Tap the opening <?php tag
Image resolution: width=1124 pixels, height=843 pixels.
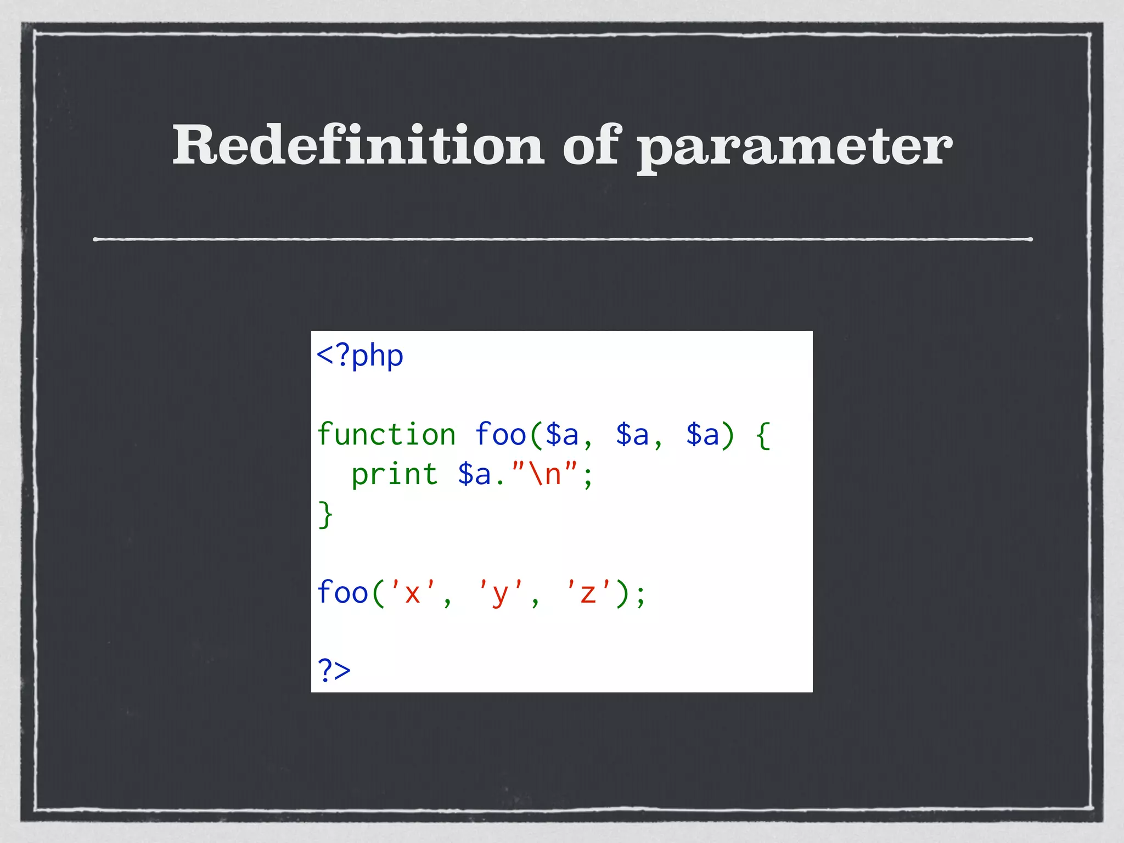point(360,356)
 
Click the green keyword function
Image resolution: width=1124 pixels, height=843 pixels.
point(386,435)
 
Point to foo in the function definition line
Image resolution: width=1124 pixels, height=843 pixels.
point(501,435)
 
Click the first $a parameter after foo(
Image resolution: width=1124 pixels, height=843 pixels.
point(562,435)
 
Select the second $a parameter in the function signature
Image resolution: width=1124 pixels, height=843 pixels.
point(632,435)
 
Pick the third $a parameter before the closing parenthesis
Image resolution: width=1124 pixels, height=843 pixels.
point(702,435)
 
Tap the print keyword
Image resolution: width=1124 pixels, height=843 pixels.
point(395,474)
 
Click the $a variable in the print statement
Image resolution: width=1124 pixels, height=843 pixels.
point(474,474)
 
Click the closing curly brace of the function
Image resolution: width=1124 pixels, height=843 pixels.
point(325,515)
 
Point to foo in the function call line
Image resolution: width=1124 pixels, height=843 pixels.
point(342,593)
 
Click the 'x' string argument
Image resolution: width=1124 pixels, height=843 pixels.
point(412,593)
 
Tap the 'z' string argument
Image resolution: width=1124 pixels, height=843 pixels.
point(588,593)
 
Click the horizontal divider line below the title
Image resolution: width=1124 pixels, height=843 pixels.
point(562,239)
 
